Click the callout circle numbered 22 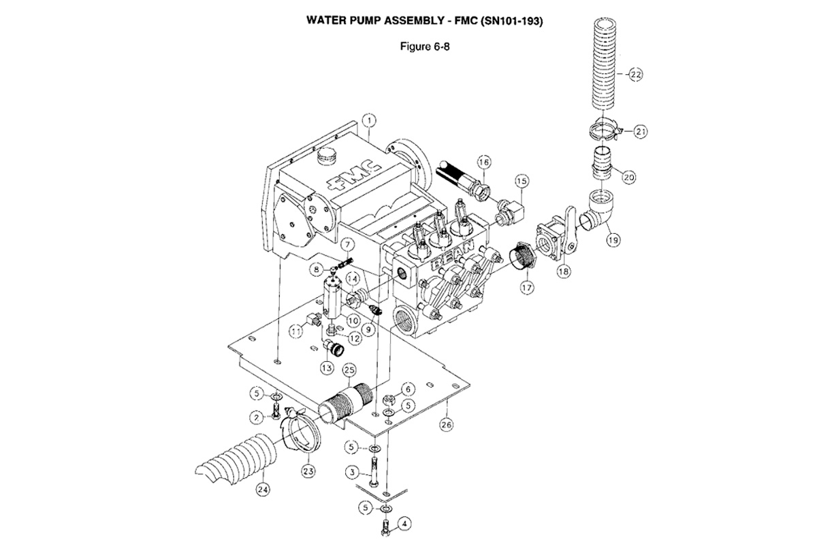635,75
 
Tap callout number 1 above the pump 370,120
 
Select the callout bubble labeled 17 526,288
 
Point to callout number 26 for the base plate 447,424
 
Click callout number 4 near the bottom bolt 404,524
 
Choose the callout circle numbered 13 327,368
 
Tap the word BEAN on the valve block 452,255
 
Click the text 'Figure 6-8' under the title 425,47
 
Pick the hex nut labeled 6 389,401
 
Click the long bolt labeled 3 374,471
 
